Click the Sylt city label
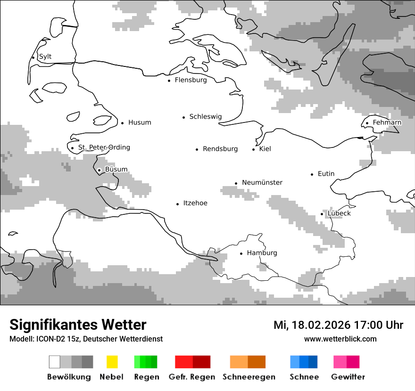pyautogui.click(x=45, y=57)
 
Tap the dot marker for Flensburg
pyautogui.click(x=169, y=81)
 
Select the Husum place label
pyautogui.click(x=140, y=122)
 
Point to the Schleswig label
pyautogui.click(x=205, y=117)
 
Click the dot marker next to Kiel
pyautogui.click(x=254, y=149)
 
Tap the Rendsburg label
pyautogui.click(x=220, y=149)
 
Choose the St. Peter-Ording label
pyautogui.click(x=104, y=147)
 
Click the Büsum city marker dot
pyautogui.click(x=99, y=170)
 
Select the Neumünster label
pyautogui.click(x=262, y=182)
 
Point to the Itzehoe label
pyautogui.click(x=195, y=203)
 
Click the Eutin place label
pyautogui.click(x=326, y=174)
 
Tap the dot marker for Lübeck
pyautogui.click(x=322, y=214)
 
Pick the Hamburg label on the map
pyautogui.click(x=262, y=253)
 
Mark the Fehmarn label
pyautogui.click(x=387, y=122)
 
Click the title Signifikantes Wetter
pyautogui.click(x=78, y=325)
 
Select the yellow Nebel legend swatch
pyautogui.click(x=112, y=362)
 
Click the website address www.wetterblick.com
pyautogui.click(x=340, y=339)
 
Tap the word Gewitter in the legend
pyautogui.click(x=348, y=377)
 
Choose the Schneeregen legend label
pyautogui.click(x=249, y=377)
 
